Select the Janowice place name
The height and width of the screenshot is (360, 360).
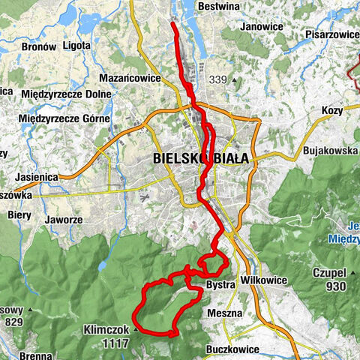262,27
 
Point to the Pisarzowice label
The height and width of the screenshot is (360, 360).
331,34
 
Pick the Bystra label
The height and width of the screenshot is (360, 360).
220,286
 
